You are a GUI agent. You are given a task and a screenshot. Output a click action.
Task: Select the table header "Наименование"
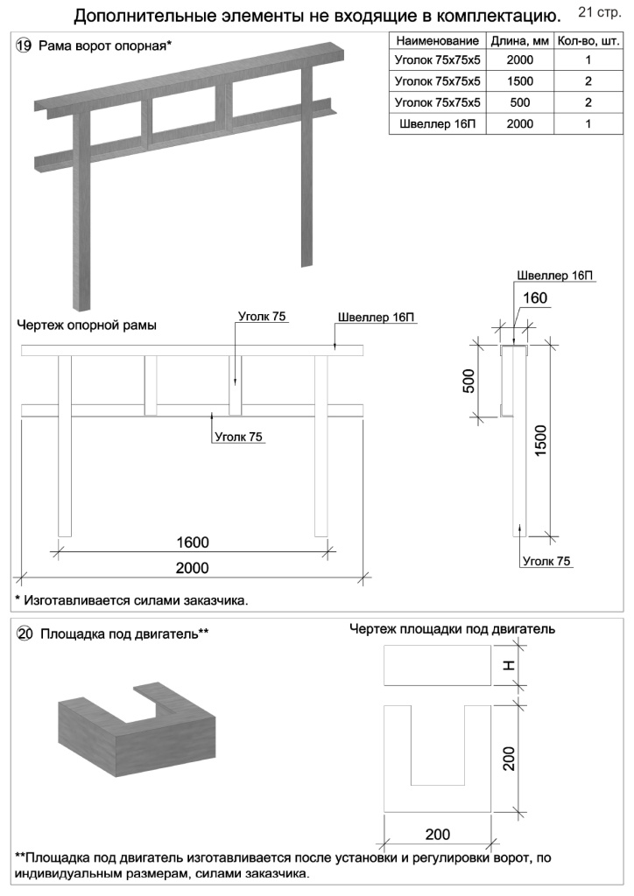coord(437,41)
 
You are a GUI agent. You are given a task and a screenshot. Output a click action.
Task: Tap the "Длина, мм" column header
coord(519,41)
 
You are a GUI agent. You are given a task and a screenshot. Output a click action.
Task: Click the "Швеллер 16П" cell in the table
coord(437,123)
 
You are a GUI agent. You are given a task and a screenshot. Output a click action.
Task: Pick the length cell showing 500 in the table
coord(519,102)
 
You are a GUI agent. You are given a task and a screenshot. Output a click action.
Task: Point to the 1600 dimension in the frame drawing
coord(192,542)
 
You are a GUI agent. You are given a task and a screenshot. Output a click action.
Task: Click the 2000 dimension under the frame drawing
coord(192,568)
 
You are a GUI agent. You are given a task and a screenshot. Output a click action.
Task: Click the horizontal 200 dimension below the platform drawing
coord(438,832)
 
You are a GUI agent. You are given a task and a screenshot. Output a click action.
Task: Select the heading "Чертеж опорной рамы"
coord(87,325)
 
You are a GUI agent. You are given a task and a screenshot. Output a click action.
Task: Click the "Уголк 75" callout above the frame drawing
coord(263,316)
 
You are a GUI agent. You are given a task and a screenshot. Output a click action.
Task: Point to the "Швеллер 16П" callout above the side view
coord(554,275)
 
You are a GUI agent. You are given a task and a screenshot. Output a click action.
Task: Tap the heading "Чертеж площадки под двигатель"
coord(452,629)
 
